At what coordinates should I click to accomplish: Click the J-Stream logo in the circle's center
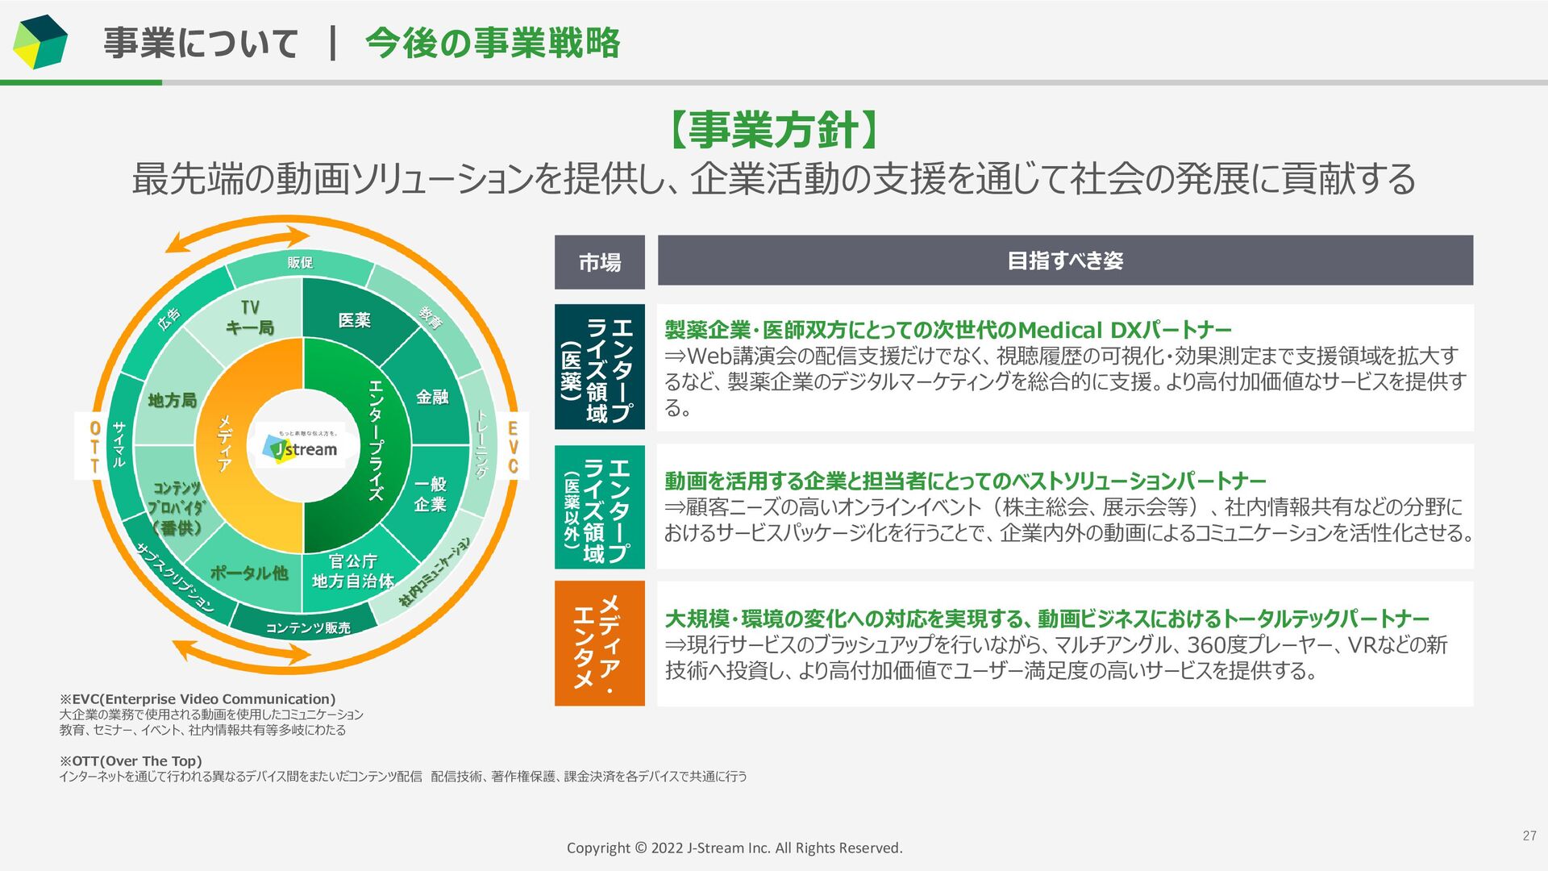tap(304, 448)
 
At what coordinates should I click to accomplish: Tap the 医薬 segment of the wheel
tap(354, 320)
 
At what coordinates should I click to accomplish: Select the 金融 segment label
tap(432, 397)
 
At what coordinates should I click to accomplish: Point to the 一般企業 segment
tap(431, 494)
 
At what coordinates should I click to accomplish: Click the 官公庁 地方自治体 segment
tap(352, 571)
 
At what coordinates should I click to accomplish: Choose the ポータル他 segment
tap(248, 573)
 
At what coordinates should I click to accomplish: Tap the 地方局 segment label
tap(172, 400)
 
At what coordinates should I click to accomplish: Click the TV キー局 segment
tap(250, 318)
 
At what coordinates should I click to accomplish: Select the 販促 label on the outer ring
tap(300, 262)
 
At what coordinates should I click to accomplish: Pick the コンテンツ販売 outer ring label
tap(308, 627)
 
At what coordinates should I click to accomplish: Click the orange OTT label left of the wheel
tap(95, 447)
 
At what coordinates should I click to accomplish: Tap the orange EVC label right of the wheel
tap(513, 447)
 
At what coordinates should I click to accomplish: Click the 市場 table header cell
tap(600, 262)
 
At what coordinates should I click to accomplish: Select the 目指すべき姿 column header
tap(1065, 260)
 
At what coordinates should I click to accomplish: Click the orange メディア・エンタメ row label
tap(599, 643)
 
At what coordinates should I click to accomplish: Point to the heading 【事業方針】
tap(773, 130)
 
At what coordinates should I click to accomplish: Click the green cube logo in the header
tap(40, 42)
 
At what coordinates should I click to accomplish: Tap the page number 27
tap(1529, 836)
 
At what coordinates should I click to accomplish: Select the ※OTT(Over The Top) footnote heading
tap(131, 761)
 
